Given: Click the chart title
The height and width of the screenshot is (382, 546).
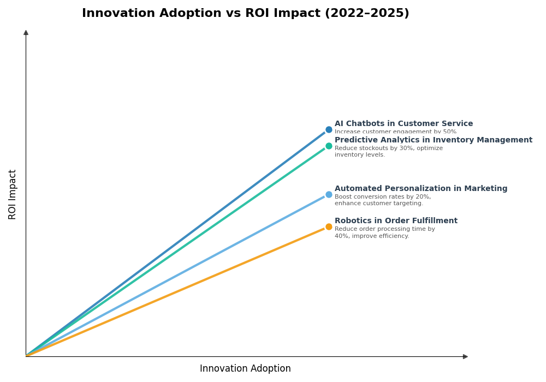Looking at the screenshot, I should pos(245,14).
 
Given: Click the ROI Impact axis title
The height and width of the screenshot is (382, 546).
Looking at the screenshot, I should pos(13,194).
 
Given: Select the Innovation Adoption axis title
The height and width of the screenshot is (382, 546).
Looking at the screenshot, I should pos(245,369).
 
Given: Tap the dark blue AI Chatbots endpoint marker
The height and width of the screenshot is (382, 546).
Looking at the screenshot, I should pos(329,130).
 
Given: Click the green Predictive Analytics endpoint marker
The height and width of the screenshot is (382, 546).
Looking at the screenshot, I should pos(329,146).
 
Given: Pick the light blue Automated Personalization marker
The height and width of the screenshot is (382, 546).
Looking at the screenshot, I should pos(329,195).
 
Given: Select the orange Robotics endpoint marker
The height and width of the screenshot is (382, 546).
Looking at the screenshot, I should pos(329,227).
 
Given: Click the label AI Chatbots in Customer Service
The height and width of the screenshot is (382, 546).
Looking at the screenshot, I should pos(403,124).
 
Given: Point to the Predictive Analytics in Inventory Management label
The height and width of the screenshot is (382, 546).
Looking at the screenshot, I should pos(433,140).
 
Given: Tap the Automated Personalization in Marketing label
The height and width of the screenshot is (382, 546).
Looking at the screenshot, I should pos(420,189).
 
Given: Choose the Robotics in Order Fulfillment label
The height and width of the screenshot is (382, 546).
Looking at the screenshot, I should pos(396,221).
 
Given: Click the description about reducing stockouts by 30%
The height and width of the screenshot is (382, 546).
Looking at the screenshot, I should pos(388,152).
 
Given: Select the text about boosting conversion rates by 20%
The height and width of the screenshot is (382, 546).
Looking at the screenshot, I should pos(382,200).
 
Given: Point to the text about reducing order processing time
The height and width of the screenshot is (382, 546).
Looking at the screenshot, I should pos(384,233).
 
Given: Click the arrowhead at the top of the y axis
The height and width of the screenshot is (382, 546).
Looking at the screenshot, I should pos(26,33).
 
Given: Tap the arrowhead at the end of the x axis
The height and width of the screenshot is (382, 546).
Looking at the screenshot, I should pos(465,356).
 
